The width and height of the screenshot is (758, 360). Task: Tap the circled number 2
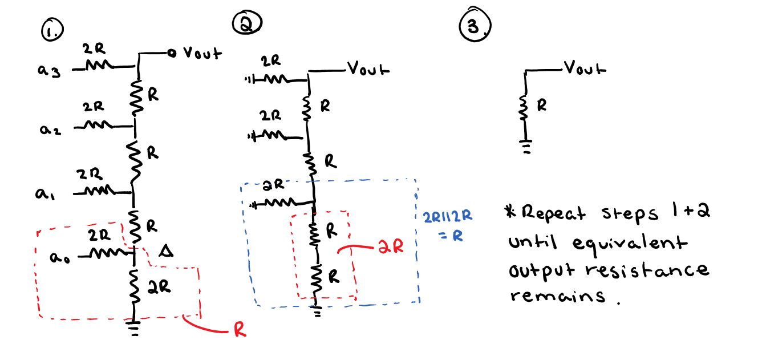point(247,23)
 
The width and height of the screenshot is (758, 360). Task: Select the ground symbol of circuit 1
point(133,329)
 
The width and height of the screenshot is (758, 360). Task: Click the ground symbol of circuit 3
point(525,148)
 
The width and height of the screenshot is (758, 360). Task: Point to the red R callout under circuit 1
point(240,331)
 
